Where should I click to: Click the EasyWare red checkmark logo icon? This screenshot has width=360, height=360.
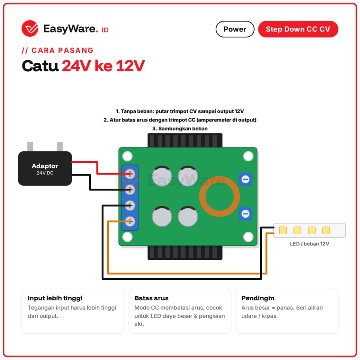coord(30,28)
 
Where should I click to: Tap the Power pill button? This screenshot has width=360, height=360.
coord(235,29)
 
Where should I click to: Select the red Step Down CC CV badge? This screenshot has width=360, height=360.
coord(298,29)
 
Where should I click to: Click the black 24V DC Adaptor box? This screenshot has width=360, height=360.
coord(45,168)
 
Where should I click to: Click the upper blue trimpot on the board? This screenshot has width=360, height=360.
coord(245,179)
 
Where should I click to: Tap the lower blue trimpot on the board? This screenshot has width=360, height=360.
coord(245,214)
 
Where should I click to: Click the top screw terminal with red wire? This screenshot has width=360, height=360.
coord(130,174)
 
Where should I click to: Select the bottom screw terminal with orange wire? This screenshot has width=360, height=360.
coord(130,221)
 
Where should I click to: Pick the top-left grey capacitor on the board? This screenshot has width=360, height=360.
coord(162,176)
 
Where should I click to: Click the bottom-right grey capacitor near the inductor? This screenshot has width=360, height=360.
coord(188,216)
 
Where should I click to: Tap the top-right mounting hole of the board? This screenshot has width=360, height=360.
coord(248,156)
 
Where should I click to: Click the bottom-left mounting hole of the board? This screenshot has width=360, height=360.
coord(127,237)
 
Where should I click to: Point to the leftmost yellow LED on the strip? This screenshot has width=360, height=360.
coord(283,230)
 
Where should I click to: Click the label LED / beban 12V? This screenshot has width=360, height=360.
coord(309,244)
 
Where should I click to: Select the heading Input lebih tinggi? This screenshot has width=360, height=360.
coord(55,298)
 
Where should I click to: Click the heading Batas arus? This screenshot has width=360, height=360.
coord(151,298)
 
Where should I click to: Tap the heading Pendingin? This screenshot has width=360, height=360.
coord(258,298)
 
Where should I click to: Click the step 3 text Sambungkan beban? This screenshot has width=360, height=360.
coord(183,129)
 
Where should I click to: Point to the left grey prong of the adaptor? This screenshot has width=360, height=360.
coord(30,147)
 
